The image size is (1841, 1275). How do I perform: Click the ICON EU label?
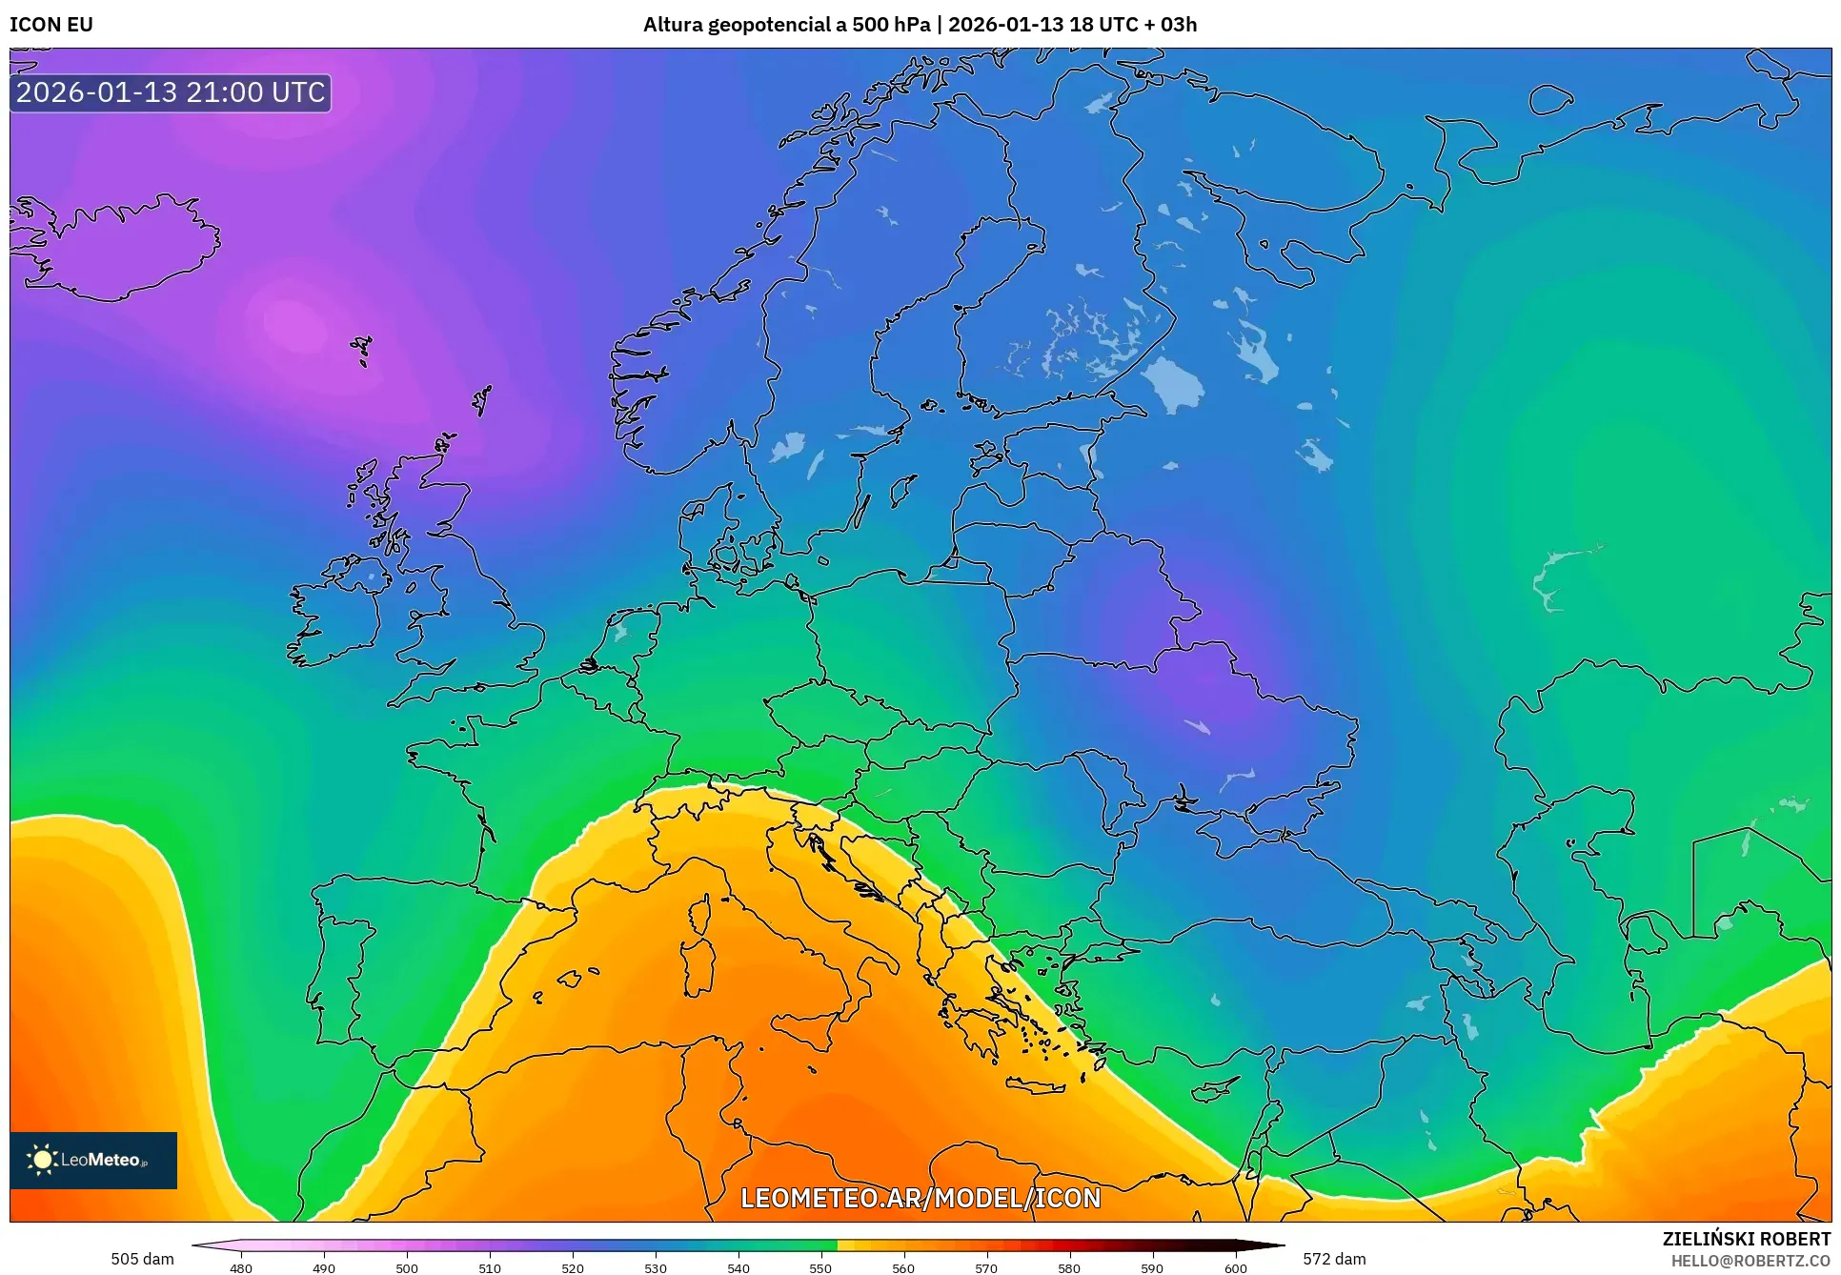(x=51, y=25)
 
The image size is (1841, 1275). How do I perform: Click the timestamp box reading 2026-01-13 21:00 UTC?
(x=171, y=92)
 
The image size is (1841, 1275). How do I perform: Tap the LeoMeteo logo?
(x=93, y=1160)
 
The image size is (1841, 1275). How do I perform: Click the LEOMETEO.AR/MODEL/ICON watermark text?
(x=920, y=1198)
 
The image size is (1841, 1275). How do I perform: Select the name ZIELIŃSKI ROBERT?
(x=1746, y=1239)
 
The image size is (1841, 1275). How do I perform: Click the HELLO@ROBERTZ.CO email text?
(x=1750, y=1261)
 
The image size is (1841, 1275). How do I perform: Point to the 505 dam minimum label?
(x=142, y=1259)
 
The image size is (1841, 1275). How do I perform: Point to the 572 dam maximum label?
(x=1334, y=1259)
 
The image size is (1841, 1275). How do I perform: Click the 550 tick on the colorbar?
(x=820, y=1267)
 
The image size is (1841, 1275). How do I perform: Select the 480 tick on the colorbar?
(x=241, y=1267)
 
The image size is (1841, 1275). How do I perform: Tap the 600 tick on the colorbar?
(x=1235, y=1267)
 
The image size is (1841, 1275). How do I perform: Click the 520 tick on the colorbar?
(x=573, y=1267)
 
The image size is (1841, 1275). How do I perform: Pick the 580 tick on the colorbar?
(x=1069, y=1267)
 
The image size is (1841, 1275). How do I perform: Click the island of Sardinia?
(x=698, y=967)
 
